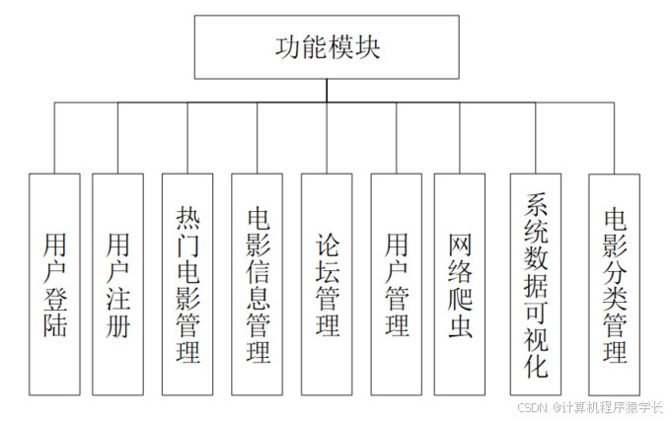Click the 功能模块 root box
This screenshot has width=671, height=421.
coord(327,47)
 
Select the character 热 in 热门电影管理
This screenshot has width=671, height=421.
coord(187,216)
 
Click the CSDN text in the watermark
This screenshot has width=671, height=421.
coord(533,406)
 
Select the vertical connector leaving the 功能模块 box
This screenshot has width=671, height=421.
coord(327,91)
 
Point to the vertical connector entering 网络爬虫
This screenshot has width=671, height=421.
coord(460,138)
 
